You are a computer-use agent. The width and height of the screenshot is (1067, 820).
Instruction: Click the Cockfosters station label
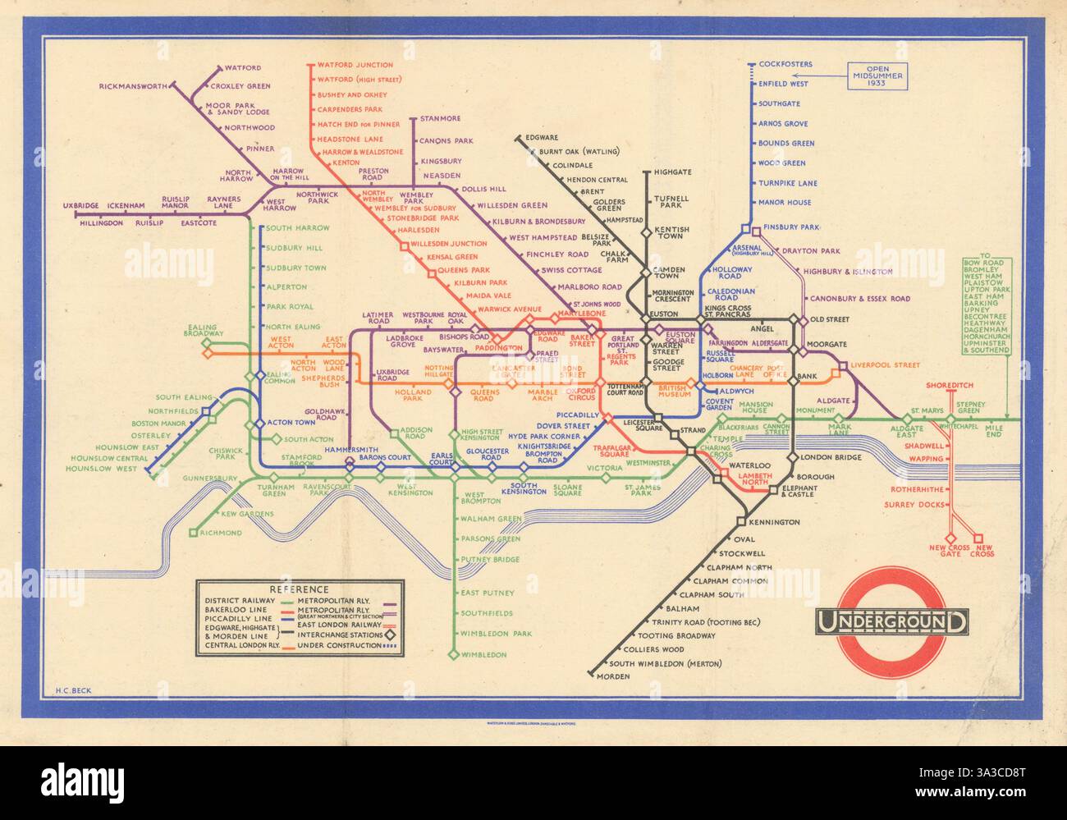click(x=785, y=64)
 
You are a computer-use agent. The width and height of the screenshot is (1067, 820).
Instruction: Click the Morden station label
click(x=615, y=676)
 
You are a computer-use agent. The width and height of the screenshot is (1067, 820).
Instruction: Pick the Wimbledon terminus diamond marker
click(x=452, y=654)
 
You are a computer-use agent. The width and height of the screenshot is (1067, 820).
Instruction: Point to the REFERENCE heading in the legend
click(x=299, y=589)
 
